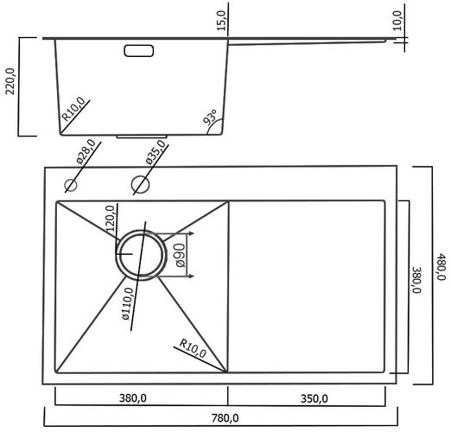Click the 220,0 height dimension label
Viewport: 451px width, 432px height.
pos(10,81)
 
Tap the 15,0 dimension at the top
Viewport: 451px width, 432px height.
pos(222,21)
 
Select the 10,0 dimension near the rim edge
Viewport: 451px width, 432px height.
pos(397,21)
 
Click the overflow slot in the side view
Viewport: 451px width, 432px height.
pos(139,51)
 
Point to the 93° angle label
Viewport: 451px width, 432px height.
pos(210,117)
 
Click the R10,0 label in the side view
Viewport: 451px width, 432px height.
pos(73,109)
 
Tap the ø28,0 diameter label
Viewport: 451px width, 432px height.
pos(86,151)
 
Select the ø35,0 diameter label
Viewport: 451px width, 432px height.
pos(156,152)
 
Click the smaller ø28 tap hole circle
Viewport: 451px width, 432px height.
pos(71,185)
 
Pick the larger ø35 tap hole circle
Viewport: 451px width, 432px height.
pos(140,184)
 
